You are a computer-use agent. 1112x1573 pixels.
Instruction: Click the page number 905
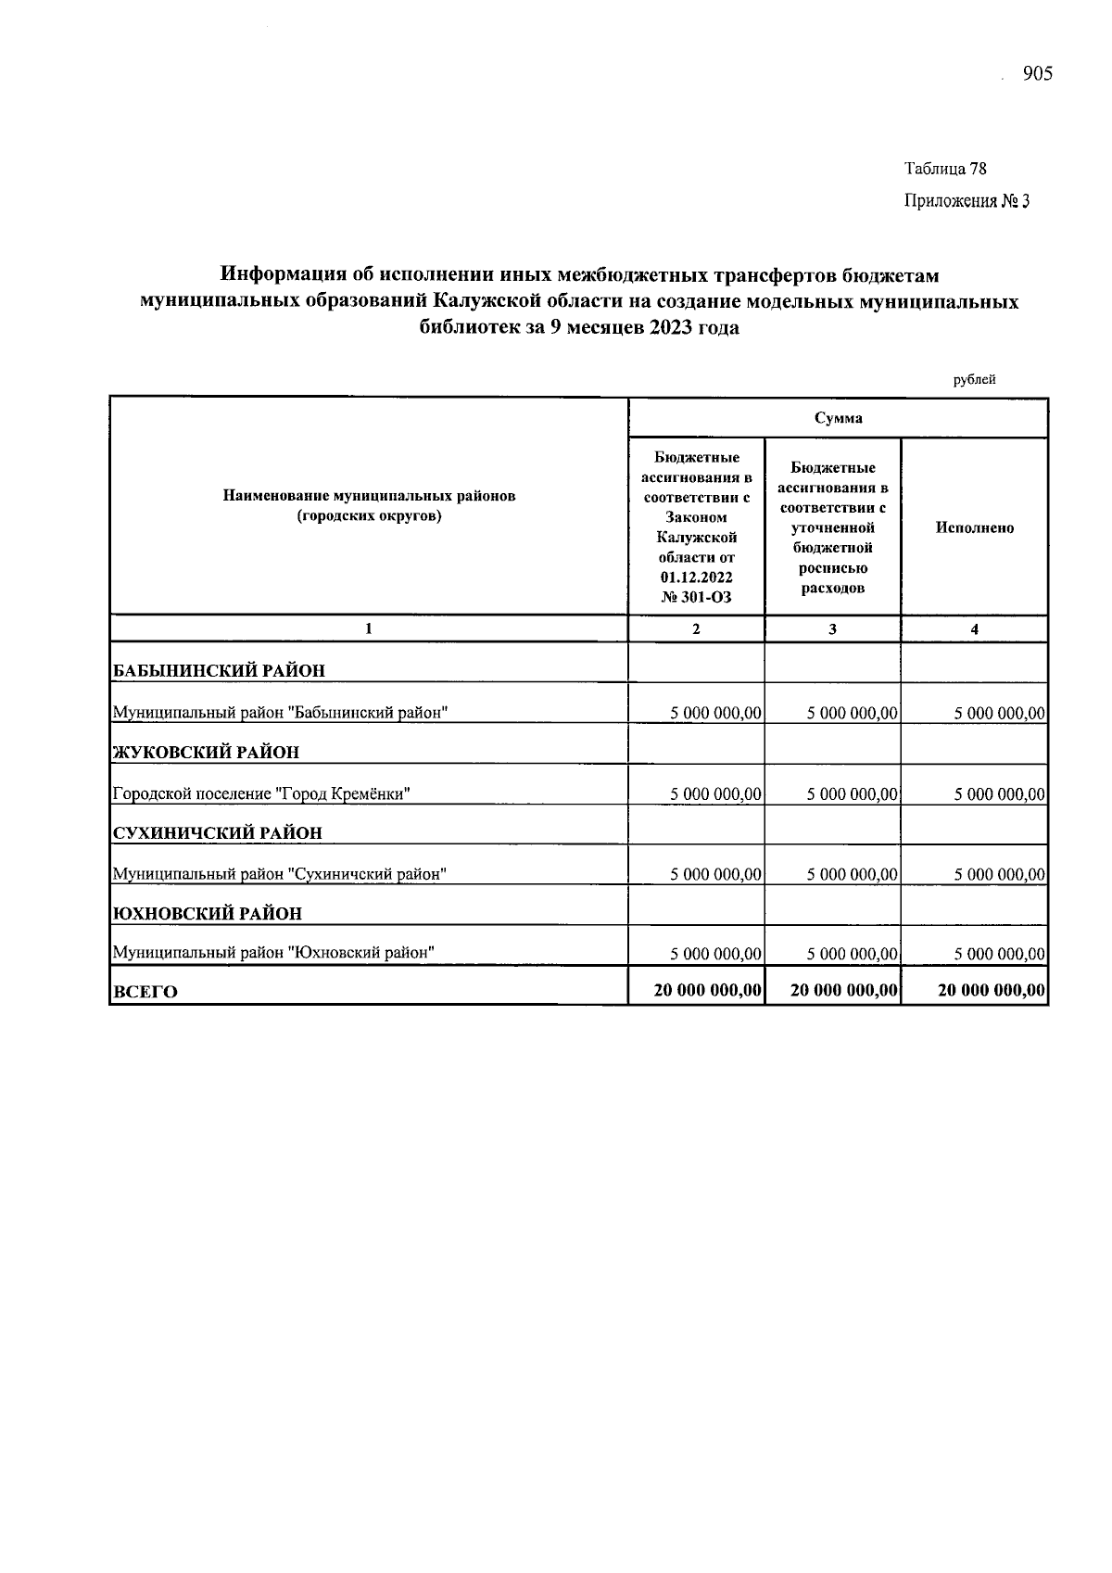(x=1037, y=75)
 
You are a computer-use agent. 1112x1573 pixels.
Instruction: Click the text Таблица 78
(x=945, y=169)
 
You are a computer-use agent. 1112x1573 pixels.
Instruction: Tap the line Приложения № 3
(x=967, y=201)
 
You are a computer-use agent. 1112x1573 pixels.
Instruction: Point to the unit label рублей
(x=974, y=380)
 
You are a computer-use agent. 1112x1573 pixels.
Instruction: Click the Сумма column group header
(x=838, y=418)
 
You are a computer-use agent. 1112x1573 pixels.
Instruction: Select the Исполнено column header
(x=974, y=527)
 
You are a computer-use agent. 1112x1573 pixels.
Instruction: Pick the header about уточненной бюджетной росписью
(x=832, y=527)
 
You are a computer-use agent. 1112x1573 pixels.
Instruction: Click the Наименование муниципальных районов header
(x=369, y=506)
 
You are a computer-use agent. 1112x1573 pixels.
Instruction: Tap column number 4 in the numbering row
(x=974, y=629)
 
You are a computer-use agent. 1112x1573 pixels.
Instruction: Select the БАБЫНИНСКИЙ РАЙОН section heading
(x=219, y=670)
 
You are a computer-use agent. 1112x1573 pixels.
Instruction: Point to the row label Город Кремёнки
(x=261, y=794)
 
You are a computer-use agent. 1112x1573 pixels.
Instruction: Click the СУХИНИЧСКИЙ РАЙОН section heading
(x=217, y=832)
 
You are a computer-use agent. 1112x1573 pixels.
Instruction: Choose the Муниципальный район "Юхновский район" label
(x=273, y=952)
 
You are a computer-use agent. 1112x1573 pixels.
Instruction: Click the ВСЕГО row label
(x=145, y=992)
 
